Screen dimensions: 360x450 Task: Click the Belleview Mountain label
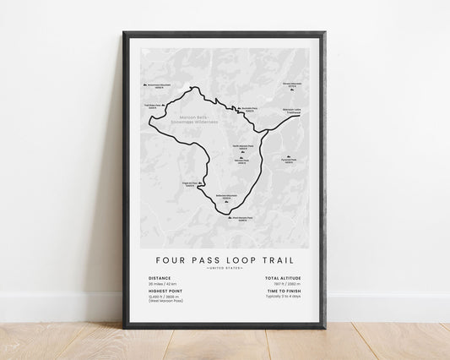pyautogui.click(x=226, y=197)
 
